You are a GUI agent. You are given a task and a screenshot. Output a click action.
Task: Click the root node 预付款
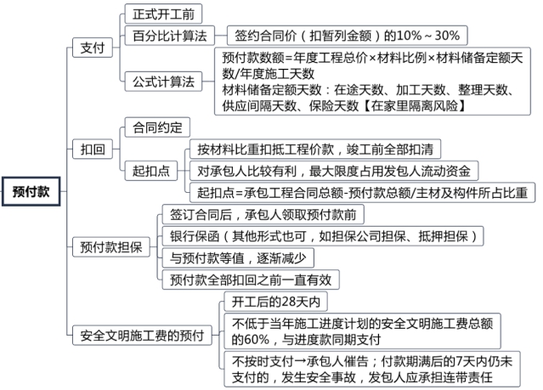(x=31, y=191)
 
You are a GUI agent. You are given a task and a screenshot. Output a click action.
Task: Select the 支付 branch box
(x=93, y=48)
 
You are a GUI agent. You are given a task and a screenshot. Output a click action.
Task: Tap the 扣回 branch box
(x=93, y=149)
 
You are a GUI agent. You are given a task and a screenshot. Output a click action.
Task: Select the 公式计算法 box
(x=164, y=82)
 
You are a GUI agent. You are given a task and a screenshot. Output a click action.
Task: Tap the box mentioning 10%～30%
(x=348, y=36)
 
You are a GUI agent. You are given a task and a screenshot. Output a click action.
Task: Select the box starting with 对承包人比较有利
(x=332, y=169)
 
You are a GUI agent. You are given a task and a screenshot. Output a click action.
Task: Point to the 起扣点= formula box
(x=361, y=191)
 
